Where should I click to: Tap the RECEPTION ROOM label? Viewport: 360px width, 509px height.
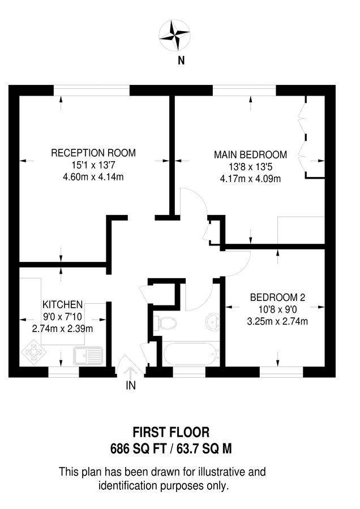point(93,153)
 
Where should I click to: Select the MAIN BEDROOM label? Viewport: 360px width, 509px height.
point(250,154)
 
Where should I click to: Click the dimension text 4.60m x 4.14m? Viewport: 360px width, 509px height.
point(93,177)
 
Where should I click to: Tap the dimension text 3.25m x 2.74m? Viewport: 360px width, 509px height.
point(277,322)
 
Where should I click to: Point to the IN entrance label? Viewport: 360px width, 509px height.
point(131,386)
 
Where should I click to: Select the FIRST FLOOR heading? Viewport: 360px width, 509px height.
point(171,433)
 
